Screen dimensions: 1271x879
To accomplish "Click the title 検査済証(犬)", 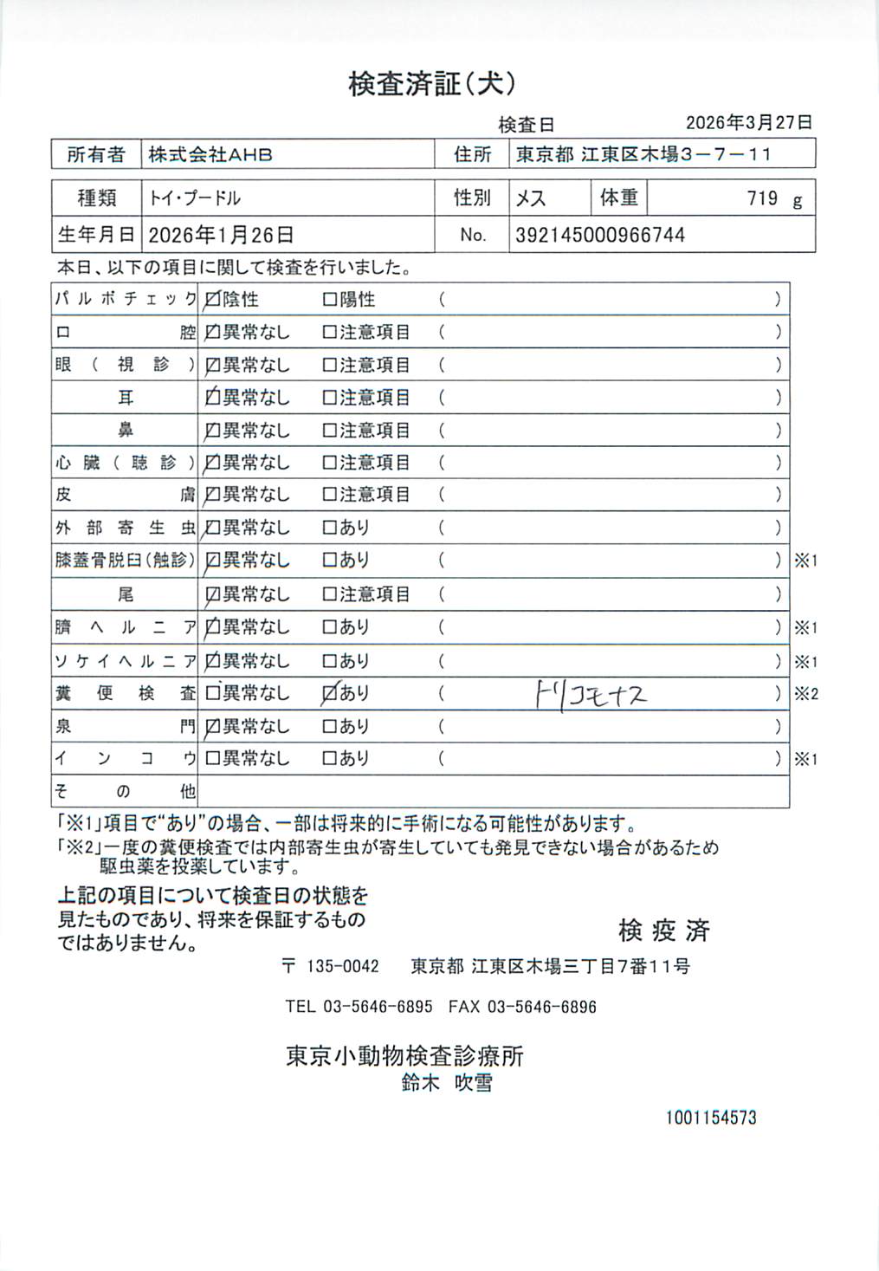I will click(432, 84).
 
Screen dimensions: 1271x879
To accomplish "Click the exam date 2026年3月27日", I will click(748, 123).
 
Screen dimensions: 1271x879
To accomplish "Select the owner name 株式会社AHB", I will click(210, 155).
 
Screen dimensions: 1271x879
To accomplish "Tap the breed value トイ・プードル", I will click(195, 198).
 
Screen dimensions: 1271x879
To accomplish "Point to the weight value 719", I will click(762, 198).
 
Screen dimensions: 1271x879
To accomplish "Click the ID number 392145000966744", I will click(600, 235).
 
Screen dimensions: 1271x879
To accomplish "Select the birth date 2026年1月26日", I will click(221, 235).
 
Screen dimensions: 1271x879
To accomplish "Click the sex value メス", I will click(531, 198).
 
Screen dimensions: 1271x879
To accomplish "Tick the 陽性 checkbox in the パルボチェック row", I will click(329, 301).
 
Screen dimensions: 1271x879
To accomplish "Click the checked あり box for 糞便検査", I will click(329, 693).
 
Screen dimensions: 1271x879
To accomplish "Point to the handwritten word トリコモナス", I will click(591, 694).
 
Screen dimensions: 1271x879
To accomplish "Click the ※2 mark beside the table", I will click(806, 694).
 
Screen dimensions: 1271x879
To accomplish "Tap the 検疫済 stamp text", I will click(664, 931).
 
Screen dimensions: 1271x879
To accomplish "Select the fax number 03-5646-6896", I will click(542, 1007).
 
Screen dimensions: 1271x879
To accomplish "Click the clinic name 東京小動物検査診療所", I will click(404, 1055).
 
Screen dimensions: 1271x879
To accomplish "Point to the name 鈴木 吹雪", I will click(447, 1082).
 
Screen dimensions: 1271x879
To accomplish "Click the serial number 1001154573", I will click(711, 1118).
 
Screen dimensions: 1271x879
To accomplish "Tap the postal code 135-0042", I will click(343, 966).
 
